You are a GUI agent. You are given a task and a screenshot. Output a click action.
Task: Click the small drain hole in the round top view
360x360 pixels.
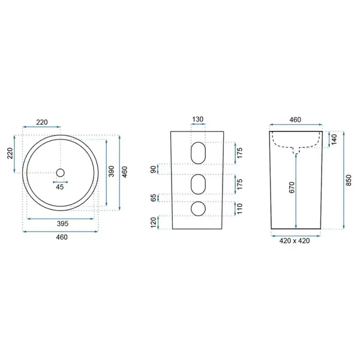tap(61, 173)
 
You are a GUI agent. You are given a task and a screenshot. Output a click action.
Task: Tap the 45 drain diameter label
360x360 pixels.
tap(59, 187)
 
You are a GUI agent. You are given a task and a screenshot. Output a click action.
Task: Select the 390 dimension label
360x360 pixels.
tap(112, 171)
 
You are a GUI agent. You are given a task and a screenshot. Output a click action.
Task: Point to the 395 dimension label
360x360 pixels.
tap(62, 223)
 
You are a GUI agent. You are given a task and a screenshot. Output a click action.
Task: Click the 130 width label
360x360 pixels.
tap(197, 119)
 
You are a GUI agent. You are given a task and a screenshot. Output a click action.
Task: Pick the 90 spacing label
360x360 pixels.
tap(154, 169)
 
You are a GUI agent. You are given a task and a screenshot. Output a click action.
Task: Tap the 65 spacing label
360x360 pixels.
tap(154, 197)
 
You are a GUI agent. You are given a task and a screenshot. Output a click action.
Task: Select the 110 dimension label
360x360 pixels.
tap(239, 209)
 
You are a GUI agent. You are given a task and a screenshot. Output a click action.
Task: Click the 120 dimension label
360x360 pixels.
tap(154, 222)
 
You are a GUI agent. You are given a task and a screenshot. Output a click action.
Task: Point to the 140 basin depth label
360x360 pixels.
tap(334, 140)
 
